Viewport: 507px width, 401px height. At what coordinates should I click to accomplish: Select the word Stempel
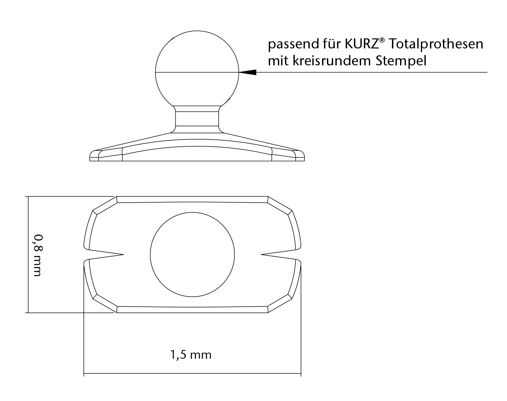click(401, 61)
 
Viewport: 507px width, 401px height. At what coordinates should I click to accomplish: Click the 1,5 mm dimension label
click(191, 354)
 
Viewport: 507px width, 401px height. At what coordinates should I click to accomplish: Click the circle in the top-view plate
click(192, 254)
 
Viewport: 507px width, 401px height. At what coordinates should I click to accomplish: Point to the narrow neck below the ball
click(197, 119)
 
